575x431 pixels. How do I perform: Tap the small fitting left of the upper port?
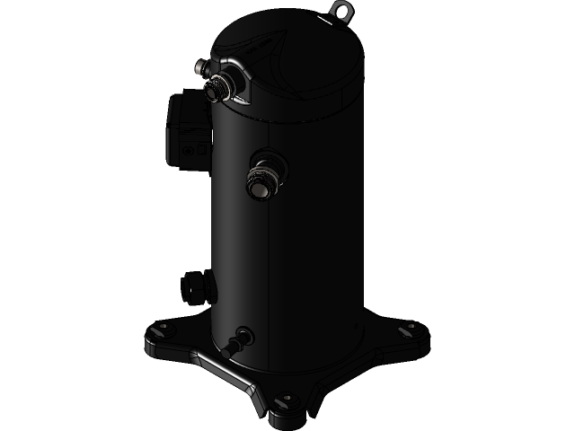200,67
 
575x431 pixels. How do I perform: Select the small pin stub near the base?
240,341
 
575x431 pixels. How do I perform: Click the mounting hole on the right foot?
407,329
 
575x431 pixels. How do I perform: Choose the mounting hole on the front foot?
287,400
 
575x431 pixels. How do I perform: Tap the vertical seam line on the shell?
270,269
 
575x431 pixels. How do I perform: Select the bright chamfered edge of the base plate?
225,373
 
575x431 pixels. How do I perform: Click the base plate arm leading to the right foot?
377,341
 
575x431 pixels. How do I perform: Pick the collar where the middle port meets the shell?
274,166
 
